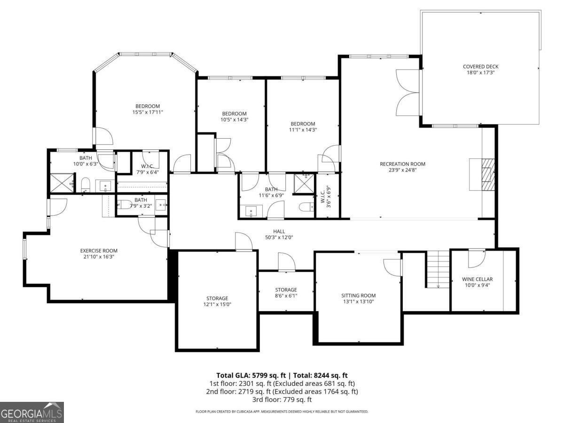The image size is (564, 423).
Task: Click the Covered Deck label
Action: click(480, 67)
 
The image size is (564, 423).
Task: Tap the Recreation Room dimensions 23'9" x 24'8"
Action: click(402, 170)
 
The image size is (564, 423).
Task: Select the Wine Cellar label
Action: click(478, 279)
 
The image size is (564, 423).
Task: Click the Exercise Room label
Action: click(99, 251)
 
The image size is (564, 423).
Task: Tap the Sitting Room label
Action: click(358, 296)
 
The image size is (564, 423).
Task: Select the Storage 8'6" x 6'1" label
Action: click(286, 290)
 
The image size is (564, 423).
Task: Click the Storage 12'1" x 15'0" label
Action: click(217, 298)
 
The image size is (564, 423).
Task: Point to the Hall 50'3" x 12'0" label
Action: click(279, 231)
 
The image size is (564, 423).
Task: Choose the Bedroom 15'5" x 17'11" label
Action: click(148, 106)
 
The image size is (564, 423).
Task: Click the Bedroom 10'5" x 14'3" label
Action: click(234, 114)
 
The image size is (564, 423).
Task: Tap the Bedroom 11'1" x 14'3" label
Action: click(302, 124)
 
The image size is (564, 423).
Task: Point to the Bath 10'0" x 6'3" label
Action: click(86, 158)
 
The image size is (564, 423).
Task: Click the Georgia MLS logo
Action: click(32, 413)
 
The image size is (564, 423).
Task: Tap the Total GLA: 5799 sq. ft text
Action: click(251, 375)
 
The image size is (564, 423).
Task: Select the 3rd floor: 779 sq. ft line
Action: click(282, 399)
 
